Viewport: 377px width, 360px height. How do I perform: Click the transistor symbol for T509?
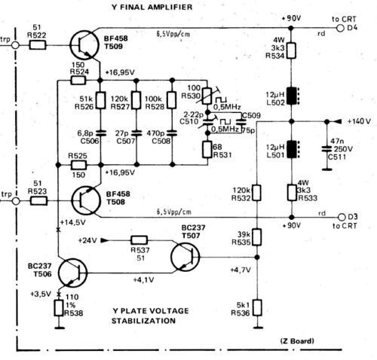[x=84, y=45]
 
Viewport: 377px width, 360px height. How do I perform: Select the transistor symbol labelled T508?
[x=86, y=200]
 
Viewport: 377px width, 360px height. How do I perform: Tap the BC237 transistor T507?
[x=185, y=257]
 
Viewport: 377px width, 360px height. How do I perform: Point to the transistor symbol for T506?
[x=72, y=273]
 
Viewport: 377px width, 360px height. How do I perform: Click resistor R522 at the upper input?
[x=38, y=45]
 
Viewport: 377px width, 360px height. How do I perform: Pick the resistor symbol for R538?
[x=59, y=308]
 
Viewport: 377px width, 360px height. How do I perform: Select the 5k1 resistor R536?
[x=257, y=307]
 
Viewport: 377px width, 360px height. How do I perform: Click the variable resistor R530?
[x=207, y=96]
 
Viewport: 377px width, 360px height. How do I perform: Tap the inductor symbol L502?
[x=293, y=96]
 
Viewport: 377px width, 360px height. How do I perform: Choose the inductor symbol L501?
[x=293, y=149]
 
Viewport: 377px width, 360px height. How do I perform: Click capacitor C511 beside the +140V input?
[x=326, y=149]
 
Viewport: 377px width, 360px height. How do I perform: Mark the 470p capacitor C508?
[x=172, y=133]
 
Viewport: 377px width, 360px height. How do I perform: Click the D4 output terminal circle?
[x=340, y=28]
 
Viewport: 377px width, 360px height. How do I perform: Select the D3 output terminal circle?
[x=342, y=217]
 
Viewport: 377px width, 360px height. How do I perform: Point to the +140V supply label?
[x=359, y=121]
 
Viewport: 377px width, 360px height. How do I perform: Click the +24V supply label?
[x=87, y=240]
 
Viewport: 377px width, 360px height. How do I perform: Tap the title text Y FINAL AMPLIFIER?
[x=152, y=7]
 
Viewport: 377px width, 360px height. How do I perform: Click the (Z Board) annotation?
[x=297, y=341]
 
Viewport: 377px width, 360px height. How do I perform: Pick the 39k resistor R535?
[x=256, y=237]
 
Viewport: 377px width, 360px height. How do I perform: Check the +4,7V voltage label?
[x=241, y=270]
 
